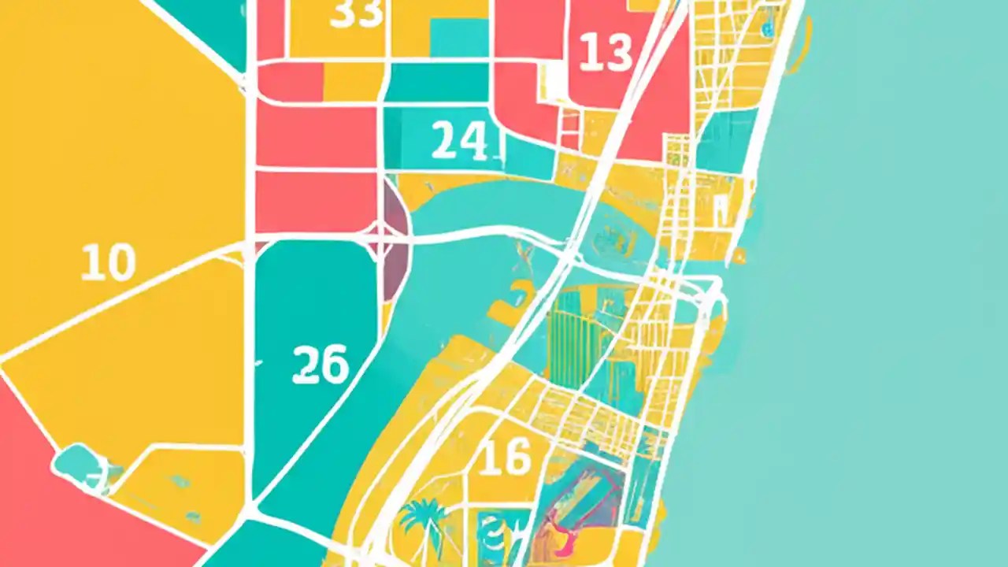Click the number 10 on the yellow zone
tap(108, 263)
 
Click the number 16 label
tap(504, 458)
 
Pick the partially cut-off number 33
tap(356, 14)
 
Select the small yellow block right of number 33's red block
tap(351, 82)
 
